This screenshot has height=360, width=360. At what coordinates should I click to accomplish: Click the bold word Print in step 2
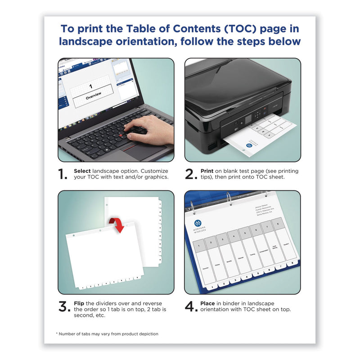point(207,171)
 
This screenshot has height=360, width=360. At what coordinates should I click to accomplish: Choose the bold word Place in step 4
point(208,303)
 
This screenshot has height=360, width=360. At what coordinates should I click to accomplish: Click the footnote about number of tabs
point(107,334)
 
